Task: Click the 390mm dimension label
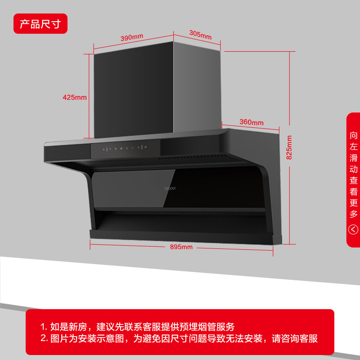pyautogui.click(x=132, y=37)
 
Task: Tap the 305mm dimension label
pyautogui.click(x=200, y=35)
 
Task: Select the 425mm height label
pyautogui.click(x=75, y=97)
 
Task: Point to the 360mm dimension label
pyautogui.click(x=252, y=122)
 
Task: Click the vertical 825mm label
pyautogui.click(x=289, y=148)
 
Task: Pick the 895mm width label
pyautogui.click(x=181, y=247)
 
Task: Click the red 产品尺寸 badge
pyautogui.click(x=40, y=24)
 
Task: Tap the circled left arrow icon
pyautogui.click(x=353, y=229)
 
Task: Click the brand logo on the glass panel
pyautogui.click(x=170, y=189)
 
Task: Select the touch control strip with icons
pyautogui.click(x=126, y=148)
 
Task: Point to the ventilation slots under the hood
pyautogui.click(x=193, y=157)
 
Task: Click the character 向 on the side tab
pyautogui.click(x=354, y=135)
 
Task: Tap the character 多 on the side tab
pyautogui.click(x=354, y=214)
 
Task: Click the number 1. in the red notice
pyautogui.click(x=44, y=327)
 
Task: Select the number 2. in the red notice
pyautogui.click(x=44, y=338)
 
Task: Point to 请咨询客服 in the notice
pyautogui.click(x=295, y=338)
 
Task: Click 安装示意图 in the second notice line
pyautogui.click(x=101, y=338)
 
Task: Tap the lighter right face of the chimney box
pyautogui.click(x=197, y=87)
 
